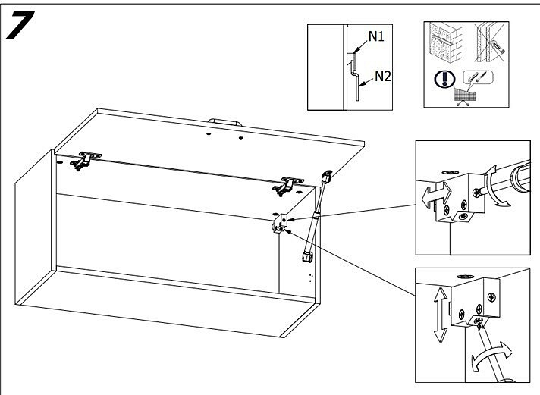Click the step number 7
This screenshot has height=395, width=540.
click(x=20, y=28)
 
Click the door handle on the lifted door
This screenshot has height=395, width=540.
click(x=225, y=121)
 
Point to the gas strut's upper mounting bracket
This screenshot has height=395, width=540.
click(x=327, y=177)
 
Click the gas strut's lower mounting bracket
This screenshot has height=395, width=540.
click(x=309, y=258)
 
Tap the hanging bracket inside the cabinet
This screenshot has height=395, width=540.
click(x=279, y=222)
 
